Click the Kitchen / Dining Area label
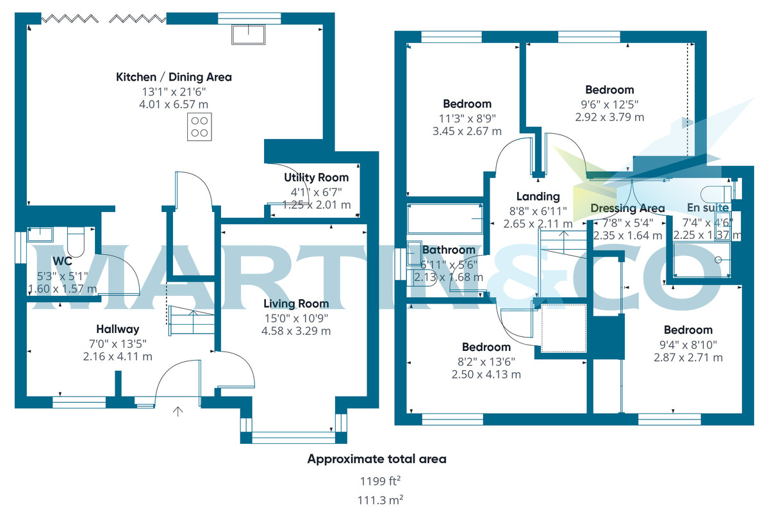174,77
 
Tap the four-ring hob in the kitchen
199,127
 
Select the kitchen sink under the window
248,35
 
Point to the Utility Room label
316,177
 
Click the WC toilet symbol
76,242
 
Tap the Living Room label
296,304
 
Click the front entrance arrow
178,411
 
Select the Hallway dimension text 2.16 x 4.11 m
117,357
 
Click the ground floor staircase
192,320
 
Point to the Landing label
538,196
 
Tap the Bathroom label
449,250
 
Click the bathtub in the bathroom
445,218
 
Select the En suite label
707,208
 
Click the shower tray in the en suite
702,259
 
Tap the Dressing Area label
627,208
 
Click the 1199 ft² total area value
381,481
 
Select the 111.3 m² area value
381,500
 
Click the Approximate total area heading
377,459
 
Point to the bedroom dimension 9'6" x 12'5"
609,104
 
